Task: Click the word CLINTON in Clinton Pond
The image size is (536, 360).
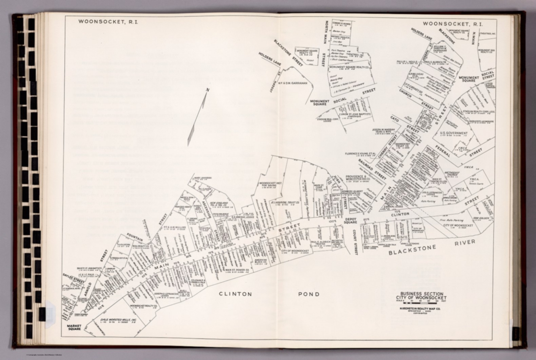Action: [x=235, y=294]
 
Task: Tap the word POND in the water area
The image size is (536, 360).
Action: [x=308, y=294]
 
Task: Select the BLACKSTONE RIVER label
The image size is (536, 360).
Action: [x=432, y=247]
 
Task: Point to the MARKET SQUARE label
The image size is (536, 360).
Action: [x=74, y=327]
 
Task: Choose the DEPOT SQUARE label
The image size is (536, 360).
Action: [x=350, y=220]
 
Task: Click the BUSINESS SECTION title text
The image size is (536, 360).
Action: [x=421, y=294]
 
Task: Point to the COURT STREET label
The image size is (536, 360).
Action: [x=355, y=242]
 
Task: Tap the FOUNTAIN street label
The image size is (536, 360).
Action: [x=135, y=237]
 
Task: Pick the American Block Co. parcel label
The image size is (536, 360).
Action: [x=260, y=262]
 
